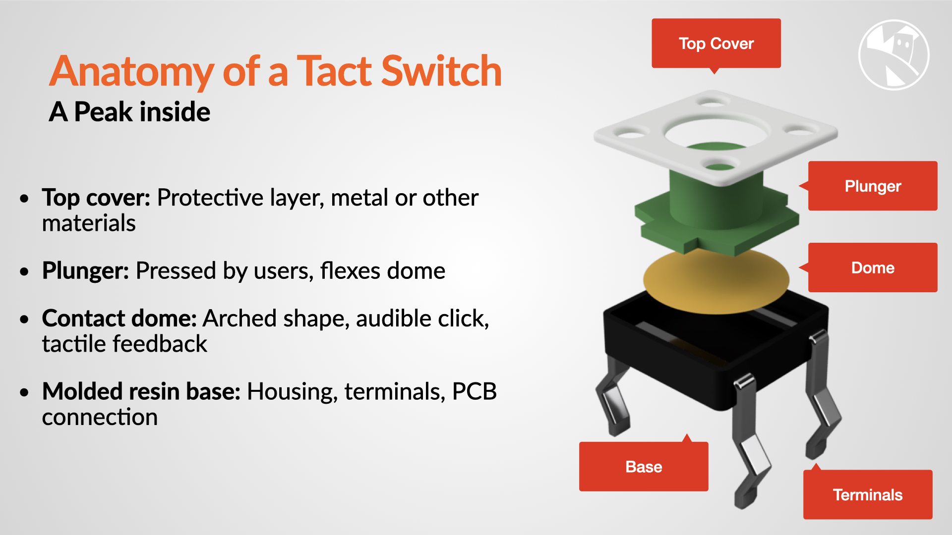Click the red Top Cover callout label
716,44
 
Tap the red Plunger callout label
873,186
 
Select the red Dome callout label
873,267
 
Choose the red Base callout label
644,466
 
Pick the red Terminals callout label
868,494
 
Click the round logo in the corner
893,54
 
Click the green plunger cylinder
716,198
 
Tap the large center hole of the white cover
715,131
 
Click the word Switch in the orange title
441,71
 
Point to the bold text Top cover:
96,198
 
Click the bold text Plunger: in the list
86,271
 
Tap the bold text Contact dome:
119,319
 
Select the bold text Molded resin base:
141,391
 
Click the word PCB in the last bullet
474,391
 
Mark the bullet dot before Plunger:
24,271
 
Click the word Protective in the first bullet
210,198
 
